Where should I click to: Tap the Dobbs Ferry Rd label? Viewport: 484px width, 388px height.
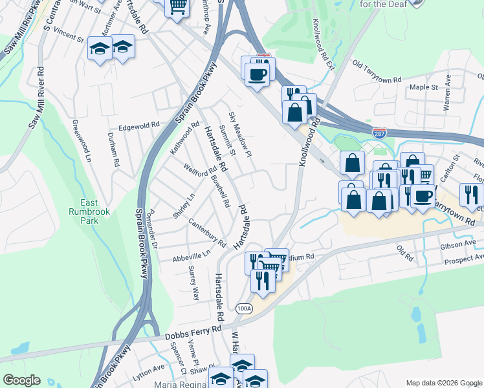(193, 333)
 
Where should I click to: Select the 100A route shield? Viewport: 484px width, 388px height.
(244, 308)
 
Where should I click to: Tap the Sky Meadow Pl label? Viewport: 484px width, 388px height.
(239, 135)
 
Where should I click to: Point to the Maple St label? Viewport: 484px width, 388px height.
(424, 87)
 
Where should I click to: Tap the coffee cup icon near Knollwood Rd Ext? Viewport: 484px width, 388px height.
(258, 74)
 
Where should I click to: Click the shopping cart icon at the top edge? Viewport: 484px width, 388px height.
(177, 7)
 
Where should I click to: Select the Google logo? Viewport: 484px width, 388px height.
(21, 380)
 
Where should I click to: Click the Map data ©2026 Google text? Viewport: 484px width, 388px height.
(443, 383)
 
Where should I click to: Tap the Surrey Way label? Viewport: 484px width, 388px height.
(193, 283)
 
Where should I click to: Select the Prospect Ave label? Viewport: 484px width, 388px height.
(460, 260)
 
